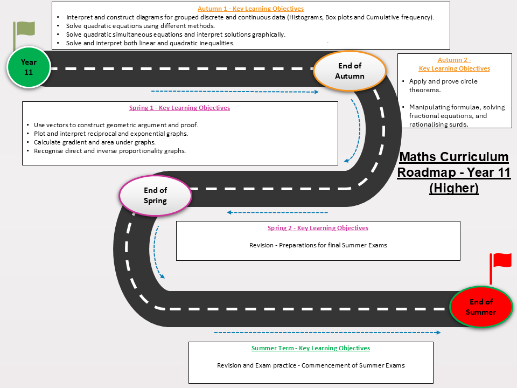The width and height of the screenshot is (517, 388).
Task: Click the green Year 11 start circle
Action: (29, 67)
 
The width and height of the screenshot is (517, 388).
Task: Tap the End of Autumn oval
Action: (350, 71)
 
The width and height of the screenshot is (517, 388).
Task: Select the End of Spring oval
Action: (155, 196)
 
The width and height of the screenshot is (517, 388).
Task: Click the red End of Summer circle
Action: (481, 307)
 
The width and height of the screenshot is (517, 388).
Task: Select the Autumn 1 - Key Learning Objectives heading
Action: (250, 9)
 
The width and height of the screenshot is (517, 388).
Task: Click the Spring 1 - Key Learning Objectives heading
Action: (179, 108)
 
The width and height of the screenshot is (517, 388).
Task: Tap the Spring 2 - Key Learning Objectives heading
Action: (318, 227)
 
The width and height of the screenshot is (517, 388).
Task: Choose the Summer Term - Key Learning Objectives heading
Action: (311, 348)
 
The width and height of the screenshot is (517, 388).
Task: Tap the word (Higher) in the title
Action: (454, 188)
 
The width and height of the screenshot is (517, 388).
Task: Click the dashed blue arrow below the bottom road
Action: (327, 332)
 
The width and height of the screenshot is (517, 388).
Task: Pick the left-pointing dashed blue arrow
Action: (277, 212)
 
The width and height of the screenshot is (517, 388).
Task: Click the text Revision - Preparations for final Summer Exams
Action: (318, 245)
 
